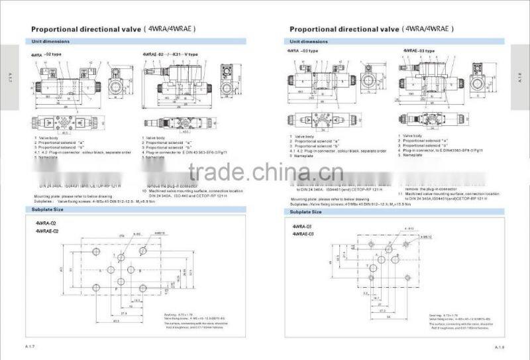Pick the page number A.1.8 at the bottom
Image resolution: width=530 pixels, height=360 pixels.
tap(500, 347)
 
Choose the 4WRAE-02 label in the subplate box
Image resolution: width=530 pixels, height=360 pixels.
tap(47, 231)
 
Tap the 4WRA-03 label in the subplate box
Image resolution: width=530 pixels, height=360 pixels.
tap(303, 226)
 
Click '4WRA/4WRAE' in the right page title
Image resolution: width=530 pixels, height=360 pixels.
tap(429, 29)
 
